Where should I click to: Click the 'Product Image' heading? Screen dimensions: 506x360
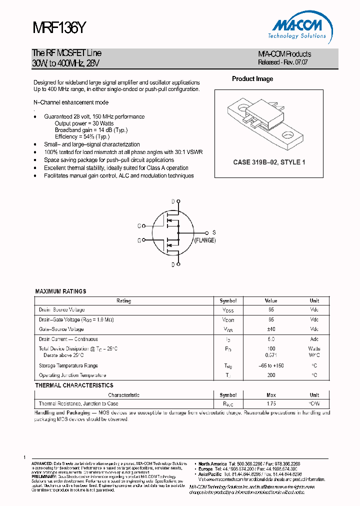[x=252, y=79]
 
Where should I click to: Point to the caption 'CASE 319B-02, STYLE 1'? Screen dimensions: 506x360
[x=269, y=162]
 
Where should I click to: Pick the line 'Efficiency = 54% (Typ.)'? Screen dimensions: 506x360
[x=82, y=136]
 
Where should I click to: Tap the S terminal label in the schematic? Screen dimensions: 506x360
[x=214, y=232]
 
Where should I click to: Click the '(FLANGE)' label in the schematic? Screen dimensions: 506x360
[x=205, y=240]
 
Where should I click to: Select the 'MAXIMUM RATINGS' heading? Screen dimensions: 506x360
[x=60, y=291]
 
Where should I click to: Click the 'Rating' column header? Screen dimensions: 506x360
[x=123, y=301]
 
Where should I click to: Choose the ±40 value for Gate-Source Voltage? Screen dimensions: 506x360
[x=271, y=329]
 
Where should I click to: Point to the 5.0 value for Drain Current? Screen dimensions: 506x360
[x=271, y=339]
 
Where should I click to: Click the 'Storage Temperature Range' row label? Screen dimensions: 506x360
[x=68, y=365]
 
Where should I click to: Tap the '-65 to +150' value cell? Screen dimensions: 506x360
[x=271, y=365]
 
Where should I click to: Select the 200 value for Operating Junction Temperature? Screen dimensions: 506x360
[x=271, y=375]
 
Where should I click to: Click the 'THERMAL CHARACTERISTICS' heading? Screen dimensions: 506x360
[x=74, y=385]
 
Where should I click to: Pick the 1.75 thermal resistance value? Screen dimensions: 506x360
[x=271, y=403]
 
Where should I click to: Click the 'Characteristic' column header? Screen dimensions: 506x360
[x=123, y=395]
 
